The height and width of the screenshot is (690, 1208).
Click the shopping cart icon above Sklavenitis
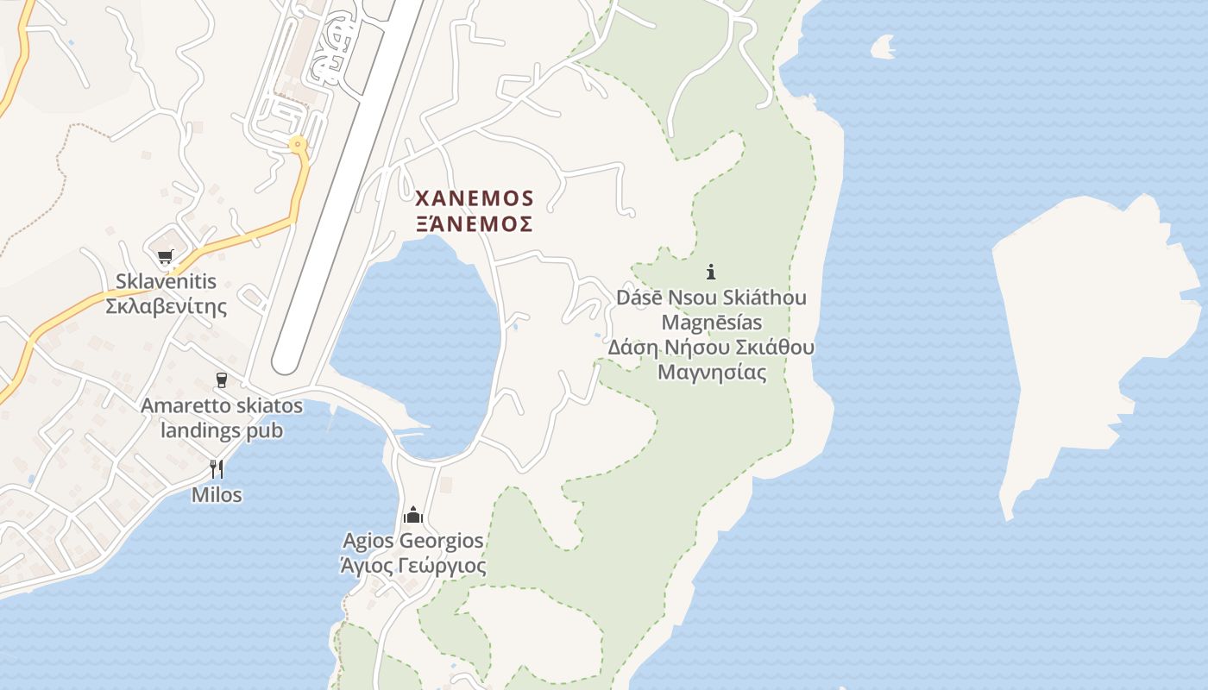point(165,256)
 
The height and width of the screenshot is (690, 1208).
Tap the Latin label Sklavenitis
point(167,282)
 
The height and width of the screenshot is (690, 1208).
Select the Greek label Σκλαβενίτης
point(167,306)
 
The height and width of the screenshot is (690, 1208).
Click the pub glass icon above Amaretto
point(221,380)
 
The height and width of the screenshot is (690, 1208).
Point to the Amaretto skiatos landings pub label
point(222,417)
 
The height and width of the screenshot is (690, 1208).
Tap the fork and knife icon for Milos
point(217,469)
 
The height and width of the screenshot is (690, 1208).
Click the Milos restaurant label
point(217,495)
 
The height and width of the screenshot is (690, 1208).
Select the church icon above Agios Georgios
point(413,516)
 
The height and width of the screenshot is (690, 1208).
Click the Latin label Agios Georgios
point(413,542)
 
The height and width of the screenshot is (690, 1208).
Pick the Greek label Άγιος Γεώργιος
point(413,566)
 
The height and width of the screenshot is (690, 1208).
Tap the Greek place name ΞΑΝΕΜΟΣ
point(475,224)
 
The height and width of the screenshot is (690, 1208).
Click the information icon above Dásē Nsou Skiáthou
point(711,273)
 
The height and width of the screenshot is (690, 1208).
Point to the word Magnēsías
point(712,323)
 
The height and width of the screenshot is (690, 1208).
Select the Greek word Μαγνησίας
point(712,373)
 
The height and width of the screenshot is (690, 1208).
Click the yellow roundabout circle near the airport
point(299,145)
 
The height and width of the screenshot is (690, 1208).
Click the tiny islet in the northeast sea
point(883,47)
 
